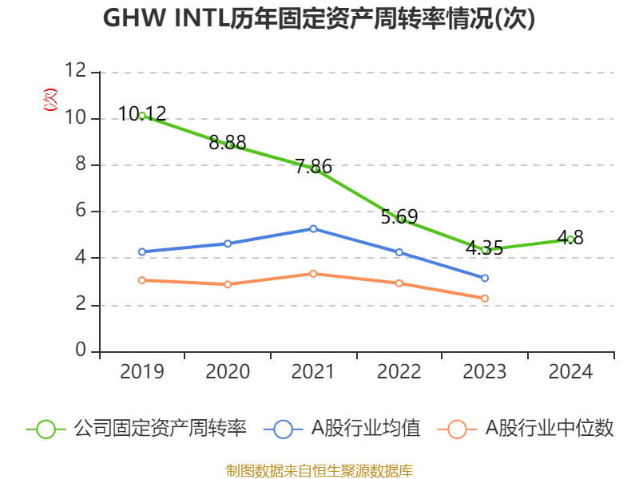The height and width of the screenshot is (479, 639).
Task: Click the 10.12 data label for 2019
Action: [x=142, y=113]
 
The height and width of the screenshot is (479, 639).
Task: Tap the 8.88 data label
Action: [x=228, y=143]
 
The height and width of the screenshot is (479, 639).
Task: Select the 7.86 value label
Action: [x=313, y=167]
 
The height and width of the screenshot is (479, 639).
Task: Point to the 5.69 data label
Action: [x=399, y=216]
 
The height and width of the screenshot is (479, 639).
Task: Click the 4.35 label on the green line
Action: [x=484, y=247]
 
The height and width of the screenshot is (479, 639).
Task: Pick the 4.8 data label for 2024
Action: [x=570, y=237]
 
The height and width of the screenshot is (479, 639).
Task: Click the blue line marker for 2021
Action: [x=313, y=228]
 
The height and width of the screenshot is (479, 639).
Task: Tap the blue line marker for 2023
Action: [x=485, y=278]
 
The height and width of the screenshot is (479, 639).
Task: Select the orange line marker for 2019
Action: [x=142, y=280]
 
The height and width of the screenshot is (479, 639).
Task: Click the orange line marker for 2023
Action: [x=485, y=299]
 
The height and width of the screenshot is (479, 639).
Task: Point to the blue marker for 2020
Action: [x=228, y=243]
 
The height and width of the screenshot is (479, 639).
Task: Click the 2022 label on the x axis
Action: [x=399, y=372]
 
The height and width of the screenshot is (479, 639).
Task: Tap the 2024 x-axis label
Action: [x=570, y=372]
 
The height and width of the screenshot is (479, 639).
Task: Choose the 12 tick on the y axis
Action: [x=76, y=72]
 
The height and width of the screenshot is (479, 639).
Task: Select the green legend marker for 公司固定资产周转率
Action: [x=46, y=429]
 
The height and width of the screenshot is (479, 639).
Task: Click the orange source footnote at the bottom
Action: [x=319, y=470]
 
